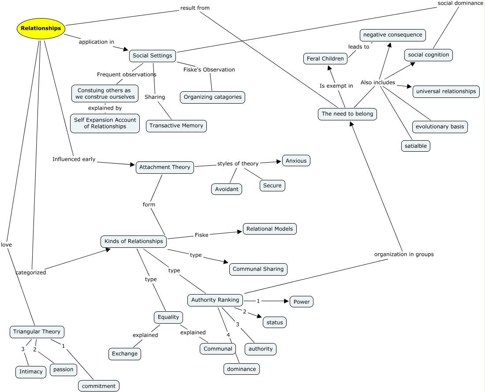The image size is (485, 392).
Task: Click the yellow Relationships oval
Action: point(41,28)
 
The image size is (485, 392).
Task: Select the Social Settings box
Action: point(153,56)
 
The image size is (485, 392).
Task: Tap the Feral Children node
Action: point(325,59)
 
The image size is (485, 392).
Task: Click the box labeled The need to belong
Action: point(347,114)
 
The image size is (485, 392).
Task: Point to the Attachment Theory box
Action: point(164,167)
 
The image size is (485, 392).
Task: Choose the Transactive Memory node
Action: point(176,126)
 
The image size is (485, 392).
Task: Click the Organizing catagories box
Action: point(213,97)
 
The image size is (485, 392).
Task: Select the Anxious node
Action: point(296,161)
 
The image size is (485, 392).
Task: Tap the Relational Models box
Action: point(270,229)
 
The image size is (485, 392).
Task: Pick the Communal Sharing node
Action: point(258,269)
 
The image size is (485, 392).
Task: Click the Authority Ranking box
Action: point(215,300)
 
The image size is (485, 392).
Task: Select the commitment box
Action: point(99,386)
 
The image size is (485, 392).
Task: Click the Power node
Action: point(302,302)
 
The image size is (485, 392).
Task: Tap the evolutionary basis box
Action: point(440,127)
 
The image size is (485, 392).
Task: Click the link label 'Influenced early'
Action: point(74,159)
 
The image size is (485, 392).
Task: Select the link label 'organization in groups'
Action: point(404,254)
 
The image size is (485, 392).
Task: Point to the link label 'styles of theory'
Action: point(238,164)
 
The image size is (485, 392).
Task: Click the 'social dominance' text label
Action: point(460,3)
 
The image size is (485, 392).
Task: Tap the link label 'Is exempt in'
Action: point(336,86)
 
